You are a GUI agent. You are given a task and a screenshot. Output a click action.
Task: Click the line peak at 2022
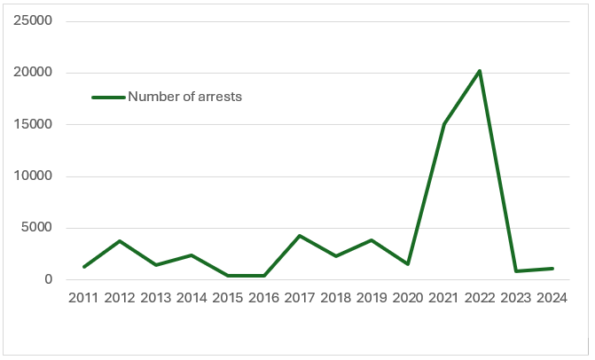[480, 71]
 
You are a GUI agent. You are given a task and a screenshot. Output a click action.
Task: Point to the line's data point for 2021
[443, 124]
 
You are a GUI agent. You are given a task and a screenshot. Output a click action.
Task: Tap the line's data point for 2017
[300, 236]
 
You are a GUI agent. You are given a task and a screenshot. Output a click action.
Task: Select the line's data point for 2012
[120, 241]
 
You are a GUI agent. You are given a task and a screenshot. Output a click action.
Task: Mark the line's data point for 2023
[515, 271]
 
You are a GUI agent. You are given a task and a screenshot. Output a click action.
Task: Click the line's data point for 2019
[372, 240]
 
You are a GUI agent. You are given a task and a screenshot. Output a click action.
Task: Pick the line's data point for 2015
[228, 276]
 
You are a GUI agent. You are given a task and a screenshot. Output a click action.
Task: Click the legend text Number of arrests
[184, 97]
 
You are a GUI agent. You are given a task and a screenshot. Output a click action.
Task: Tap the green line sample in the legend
[108, 97]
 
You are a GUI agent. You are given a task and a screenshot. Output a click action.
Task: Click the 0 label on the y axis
[50, 280]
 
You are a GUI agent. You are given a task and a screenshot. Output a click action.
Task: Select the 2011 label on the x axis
[84, 299]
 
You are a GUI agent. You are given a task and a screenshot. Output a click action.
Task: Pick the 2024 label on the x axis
[552, 299]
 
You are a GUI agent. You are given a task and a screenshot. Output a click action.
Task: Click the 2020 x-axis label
[408, 299]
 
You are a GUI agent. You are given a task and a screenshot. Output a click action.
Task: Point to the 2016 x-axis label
[263, 299]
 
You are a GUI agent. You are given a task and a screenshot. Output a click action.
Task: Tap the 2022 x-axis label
[480, 299]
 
